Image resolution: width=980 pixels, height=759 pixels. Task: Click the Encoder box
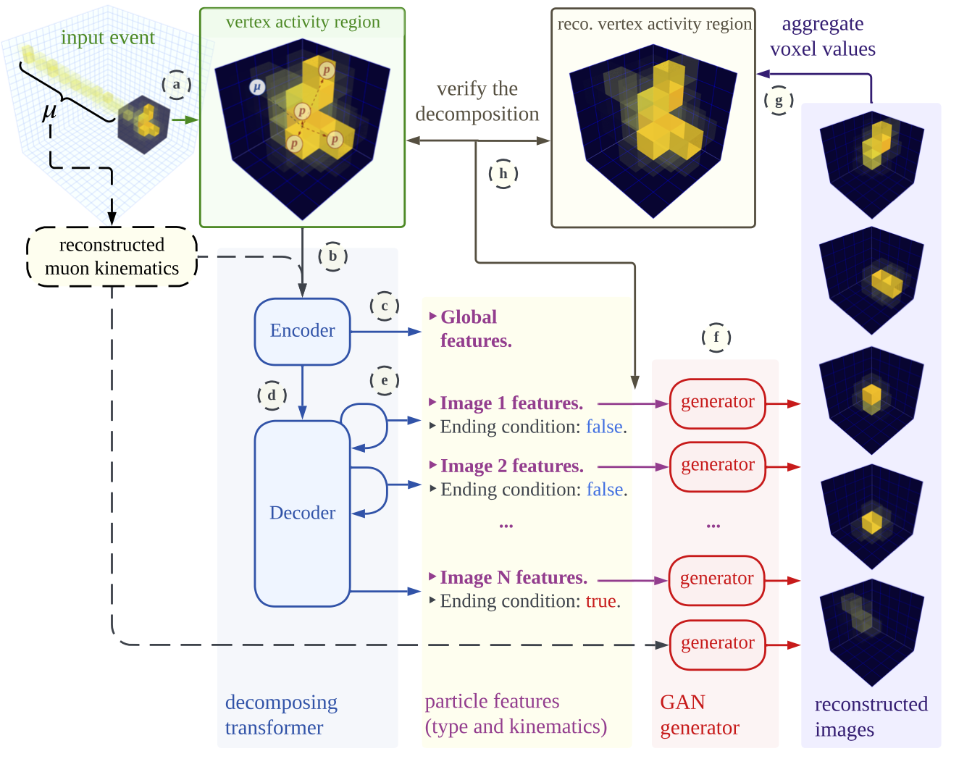302,331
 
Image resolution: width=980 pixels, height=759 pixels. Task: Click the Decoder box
302,513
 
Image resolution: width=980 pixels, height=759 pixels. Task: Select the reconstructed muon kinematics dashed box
112,256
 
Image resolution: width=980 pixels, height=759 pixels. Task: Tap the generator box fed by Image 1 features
717,403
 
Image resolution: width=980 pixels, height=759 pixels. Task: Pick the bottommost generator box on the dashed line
717,644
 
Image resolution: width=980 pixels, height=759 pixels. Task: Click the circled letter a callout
176,85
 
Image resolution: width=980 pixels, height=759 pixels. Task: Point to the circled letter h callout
503,174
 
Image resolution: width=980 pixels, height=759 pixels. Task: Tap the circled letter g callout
779,101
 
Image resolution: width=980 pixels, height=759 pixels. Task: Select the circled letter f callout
716,337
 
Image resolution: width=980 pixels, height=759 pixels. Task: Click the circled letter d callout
272,395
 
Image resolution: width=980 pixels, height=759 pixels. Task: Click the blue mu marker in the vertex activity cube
256,88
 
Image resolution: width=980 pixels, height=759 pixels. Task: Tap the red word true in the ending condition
600,601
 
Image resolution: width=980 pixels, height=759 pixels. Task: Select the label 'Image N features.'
513,578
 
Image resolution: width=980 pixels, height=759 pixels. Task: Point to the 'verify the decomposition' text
477,101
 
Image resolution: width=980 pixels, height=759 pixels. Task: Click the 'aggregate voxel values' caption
822,36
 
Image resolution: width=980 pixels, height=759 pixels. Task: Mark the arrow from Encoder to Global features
385,332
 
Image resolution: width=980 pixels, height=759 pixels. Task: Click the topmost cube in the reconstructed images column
871,164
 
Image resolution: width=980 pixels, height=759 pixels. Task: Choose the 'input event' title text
107,38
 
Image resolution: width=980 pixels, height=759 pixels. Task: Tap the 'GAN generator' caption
699,715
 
